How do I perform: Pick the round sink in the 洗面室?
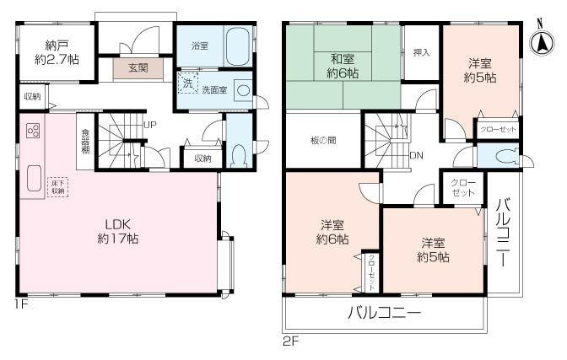click(x=242, y=89)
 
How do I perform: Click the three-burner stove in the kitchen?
click(x=34, y=132)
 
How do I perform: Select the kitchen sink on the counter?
click(x=34, y=179)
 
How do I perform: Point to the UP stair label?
click(x=149, y=126)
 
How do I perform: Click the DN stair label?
click(x=416, y=156)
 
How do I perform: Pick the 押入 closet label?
click(x=421, y=52)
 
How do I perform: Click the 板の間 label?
click(x=323, y=140)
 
